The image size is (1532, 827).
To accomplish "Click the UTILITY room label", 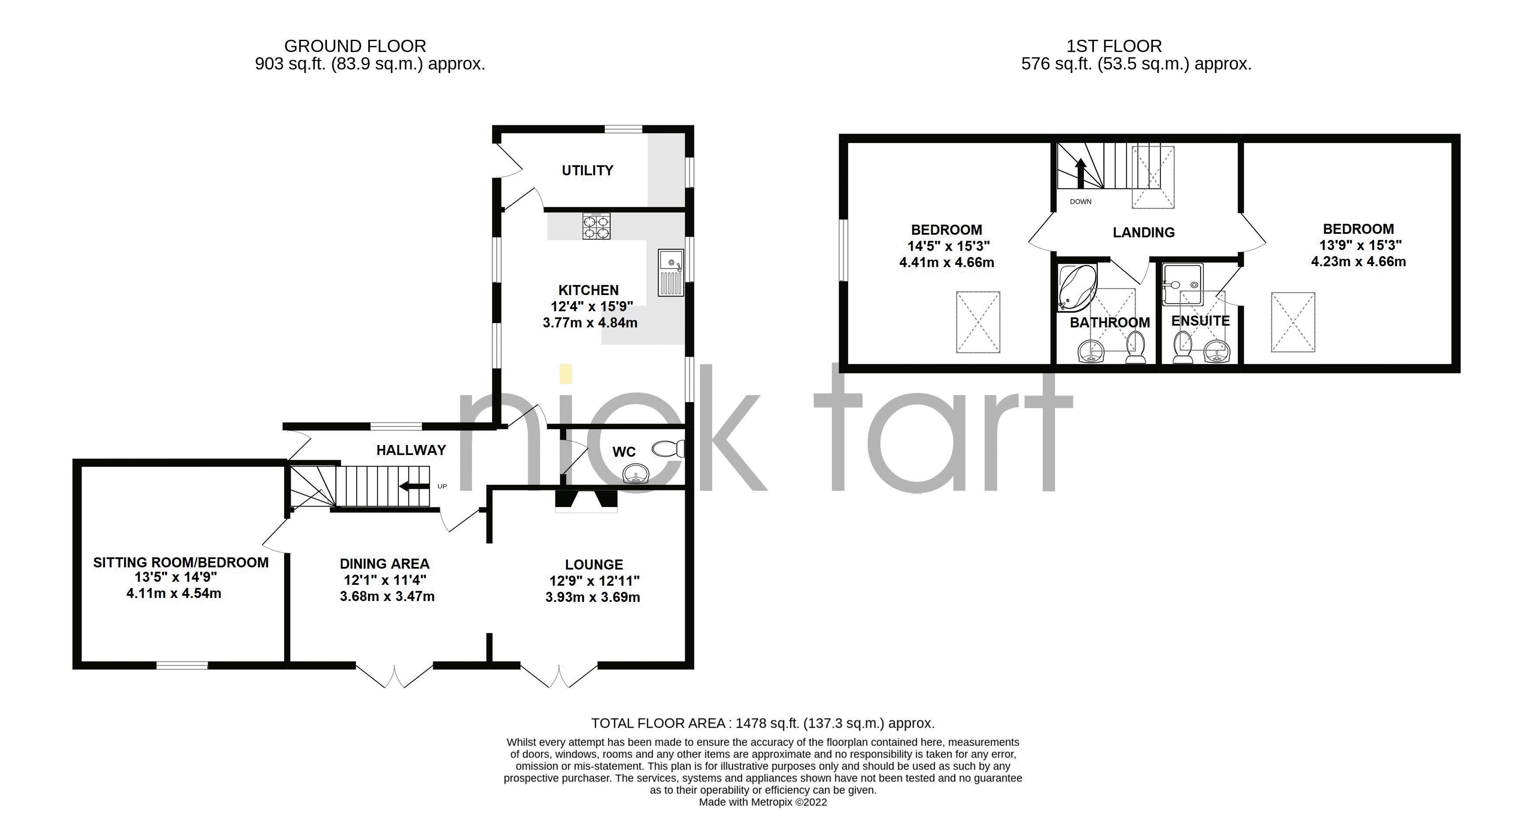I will [x=587, y=170].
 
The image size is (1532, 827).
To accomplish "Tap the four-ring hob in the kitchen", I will [x=596, y=226].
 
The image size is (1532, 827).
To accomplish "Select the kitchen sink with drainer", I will [x=671, y=273].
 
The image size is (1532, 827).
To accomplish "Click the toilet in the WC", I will [x=669, y=448].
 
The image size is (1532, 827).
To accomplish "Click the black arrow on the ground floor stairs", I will [x=414, y=487].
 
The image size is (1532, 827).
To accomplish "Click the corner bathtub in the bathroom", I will [x=1075, y=288].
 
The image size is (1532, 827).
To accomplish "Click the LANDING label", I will [x=1143, y=233].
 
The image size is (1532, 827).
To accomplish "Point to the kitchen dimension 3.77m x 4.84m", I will [x=589, y=323].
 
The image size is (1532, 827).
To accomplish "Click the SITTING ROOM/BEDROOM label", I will [x=181, y=563].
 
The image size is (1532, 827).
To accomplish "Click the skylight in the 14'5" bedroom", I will [x=978, y=322].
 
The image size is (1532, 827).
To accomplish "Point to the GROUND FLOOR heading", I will [x=355, y=46].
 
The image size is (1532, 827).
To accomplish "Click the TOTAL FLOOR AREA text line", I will [x=763, y=723].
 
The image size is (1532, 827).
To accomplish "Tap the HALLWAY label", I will [x=411, y=450].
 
